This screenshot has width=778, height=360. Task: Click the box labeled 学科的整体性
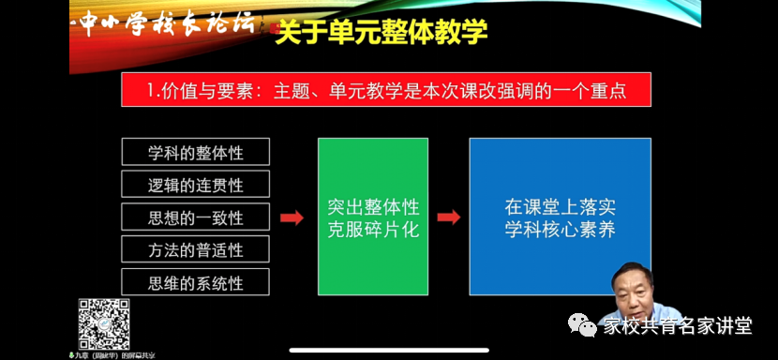195,152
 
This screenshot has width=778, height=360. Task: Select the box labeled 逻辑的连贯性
195,184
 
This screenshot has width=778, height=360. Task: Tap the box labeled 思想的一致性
195,217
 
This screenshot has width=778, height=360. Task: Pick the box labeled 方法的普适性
195,249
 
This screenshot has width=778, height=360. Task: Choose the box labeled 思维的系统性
195,282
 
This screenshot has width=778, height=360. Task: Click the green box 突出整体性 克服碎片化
373,217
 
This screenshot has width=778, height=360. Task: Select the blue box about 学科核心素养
560,217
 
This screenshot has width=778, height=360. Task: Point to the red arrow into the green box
292,217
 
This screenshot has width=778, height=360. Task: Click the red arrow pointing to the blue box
449,217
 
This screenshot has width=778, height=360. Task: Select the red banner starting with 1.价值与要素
386,91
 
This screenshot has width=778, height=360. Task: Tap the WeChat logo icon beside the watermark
586,325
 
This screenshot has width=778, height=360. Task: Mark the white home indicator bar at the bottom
388,351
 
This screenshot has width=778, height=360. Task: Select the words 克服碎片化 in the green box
373,229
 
